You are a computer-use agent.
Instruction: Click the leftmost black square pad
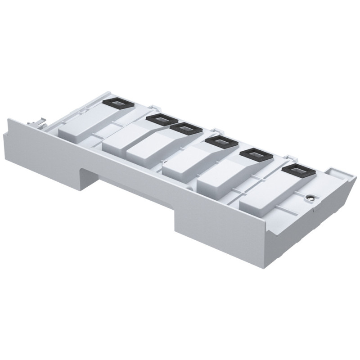(x=115, y=103)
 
